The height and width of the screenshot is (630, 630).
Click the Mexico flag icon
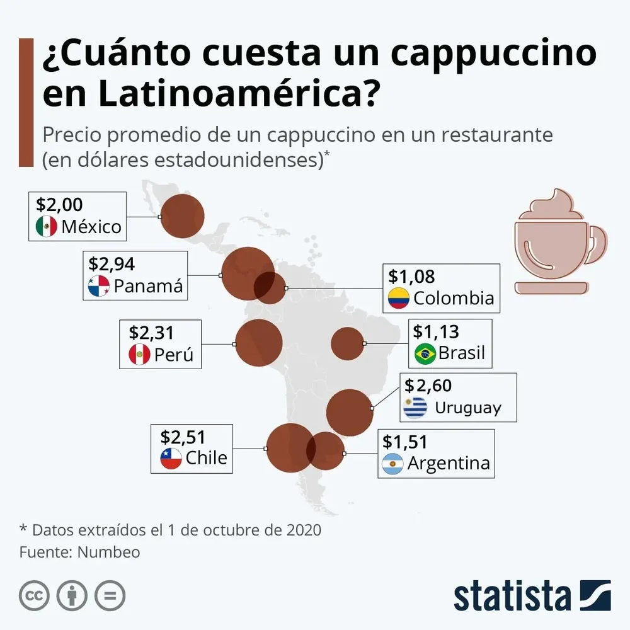(x=47, y=226)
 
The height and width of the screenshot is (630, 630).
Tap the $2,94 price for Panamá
(x=112, y=263)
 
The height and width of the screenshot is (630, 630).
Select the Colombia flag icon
(x=398, y=298)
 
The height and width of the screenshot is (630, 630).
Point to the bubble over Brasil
(x=347, y=344)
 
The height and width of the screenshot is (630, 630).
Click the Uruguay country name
(x=467, y=408)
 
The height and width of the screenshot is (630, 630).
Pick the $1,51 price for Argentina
(x=404, y=441)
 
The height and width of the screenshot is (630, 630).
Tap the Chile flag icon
(x=171, y=458)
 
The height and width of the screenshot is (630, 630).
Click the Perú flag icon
(x=139, y=355)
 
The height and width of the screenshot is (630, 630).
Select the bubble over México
(x=183, y=216)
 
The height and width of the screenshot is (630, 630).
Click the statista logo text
(x=512, y=596)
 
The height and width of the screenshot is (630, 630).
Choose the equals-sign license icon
(x=110, y=595)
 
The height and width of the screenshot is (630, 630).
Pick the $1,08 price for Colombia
(x=411, y=276)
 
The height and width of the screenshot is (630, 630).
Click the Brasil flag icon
(x=425, y=354)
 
